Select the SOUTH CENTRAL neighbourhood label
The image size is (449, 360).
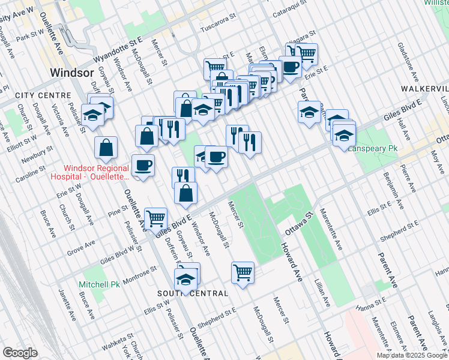pyautogui.click(x=193, y=293)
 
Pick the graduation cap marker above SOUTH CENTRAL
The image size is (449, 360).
pyautogui.click(x=186, y=278)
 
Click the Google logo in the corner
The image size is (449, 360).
pyautogui.click(x=20, y=353)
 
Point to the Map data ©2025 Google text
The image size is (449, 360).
pyautogui.click(x=411, y=355)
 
